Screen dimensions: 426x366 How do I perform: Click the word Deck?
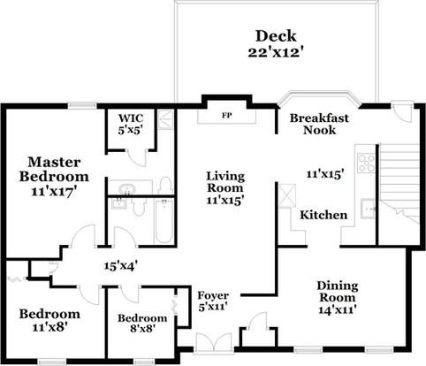coord(276,36)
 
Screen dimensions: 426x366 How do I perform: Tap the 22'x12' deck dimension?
coord(276,53)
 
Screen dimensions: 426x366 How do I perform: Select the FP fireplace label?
coord(226,115)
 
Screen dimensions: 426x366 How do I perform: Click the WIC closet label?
coord(131,118)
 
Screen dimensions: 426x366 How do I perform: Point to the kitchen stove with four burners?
coord(366,163)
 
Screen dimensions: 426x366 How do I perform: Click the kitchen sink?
coord(369,209)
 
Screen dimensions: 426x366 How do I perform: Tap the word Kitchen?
coord(323,215)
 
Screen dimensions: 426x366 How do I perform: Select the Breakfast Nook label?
coord(319,124)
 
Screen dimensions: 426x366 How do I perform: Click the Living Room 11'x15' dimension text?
coord(224,201)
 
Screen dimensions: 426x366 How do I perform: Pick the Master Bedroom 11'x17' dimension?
coord(54,192)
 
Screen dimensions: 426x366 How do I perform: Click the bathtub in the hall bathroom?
coord(164,221)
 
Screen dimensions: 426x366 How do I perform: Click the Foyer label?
coord(213,295)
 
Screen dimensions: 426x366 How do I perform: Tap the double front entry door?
coord(214,342)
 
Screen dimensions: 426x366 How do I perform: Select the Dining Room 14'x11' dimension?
coord(338,309)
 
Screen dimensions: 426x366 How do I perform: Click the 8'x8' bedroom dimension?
coord(142,328)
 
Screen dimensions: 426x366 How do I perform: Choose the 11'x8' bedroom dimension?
coord(49,326)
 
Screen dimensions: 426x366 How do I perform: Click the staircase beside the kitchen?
coord(399,194)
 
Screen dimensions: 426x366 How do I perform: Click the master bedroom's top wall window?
coord(82,105)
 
